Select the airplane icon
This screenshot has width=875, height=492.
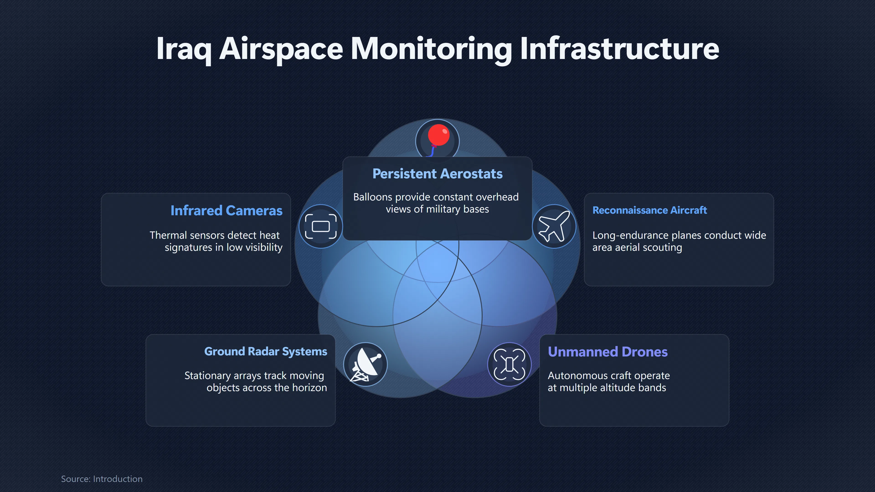tap(554, 226)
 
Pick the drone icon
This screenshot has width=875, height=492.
tap(509, 364)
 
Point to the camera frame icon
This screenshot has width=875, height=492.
tap(321, 226)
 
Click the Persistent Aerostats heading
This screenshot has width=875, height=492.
tap(437, 174)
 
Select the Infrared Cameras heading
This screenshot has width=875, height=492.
tap(226, 210)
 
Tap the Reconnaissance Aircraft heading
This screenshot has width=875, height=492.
tap(649, 210)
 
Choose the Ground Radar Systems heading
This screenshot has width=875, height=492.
tap(266, 351)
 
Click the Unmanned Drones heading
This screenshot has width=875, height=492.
tap(608, 352)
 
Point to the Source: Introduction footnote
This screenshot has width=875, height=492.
tap(102, 479)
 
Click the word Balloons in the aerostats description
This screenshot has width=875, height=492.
tap(373, 197)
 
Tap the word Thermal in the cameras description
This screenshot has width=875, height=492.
tap(168, 235)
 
